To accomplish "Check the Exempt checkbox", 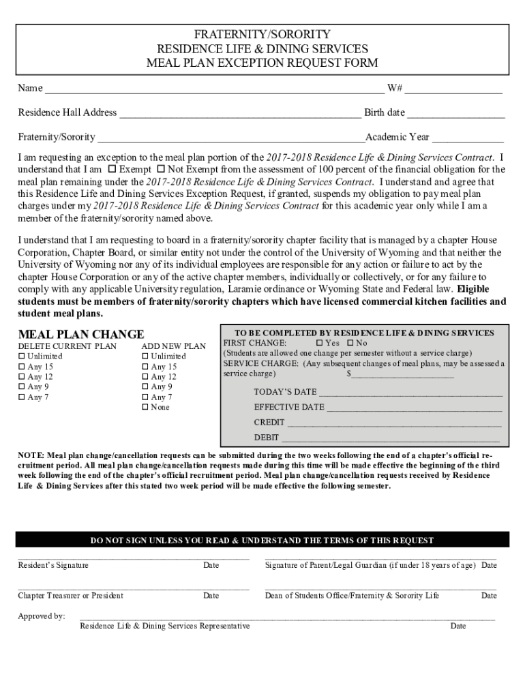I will [x=112, y=169].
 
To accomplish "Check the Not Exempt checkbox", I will [x=161, y=169].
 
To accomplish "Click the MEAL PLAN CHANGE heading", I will [x=80, y=334].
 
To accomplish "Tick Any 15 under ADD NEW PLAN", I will [x=145, y=367].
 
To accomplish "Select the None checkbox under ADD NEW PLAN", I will [x=145, y=408].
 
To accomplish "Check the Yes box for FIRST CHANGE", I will [x=320, y=343].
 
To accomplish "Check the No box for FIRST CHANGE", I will [x=350, y=343].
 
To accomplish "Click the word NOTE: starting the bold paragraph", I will [x=31, y=455].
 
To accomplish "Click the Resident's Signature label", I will [x=53, y=565].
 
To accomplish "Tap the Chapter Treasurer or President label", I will [x=70, y=596].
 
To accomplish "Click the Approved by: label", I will [x=42, y=616].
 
